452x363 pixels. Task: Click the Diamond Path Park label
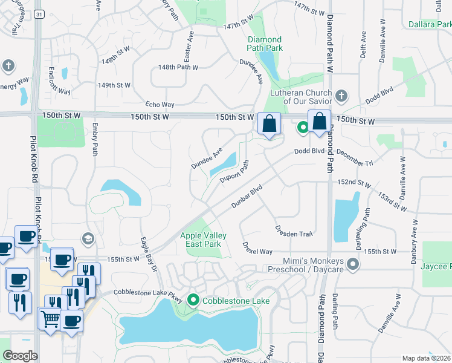point(265,44)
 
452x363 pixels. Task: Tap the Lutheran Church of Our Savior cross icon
point(341,96)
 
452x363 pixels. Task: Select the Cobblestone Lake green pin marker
point(193,299)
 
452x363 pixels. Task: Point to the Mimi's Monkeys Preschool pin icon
point(353,264)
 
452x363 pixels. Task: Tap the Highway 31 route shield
point(38,14)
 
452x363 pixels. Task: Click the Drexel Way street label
point(257,248)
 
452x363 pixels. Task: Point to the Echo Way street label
point(160,104)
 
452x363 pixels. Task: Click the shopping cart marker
point(50,319)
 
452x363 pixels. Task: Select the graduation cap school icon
point(89,238)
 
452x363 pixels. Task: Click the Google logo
point(21,356)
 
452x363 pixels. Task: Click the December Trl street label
point(355,158)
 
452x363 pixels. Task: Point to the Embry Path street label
point(95,140)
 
